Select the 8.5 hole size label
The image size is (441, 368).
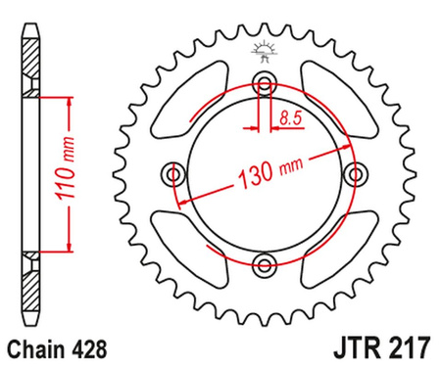click(290, 118)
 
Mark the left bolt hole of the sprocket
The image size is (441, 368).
click(174, 173)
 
